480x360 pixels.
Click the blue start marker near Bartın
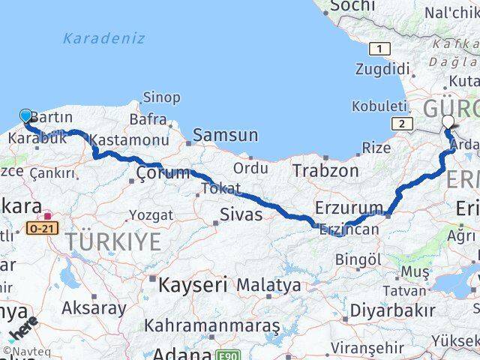(x=26, y=115)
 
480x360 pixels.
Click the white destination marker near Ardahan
(x=448, y=121)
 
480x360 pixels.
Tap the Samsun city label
(x=225, y=136)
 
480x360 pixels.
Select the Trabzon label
(x=325, y=171)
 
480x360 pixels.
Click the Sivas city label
(x=241, y=215)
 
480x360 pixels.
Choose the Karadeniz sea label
(x=104, y=38)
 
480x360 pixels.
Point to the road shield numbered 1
(x=380, y=49)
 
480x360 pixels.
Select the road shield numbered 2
(x=403, y=124)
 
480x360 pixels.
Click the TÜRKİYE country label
(x=112, y=241)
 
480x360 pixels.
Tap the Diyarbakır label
(x=392, y=310)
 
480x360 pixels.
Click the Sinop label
(x=161, y=97)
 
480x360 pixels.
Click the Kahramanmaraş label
(x=212, y=326)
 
